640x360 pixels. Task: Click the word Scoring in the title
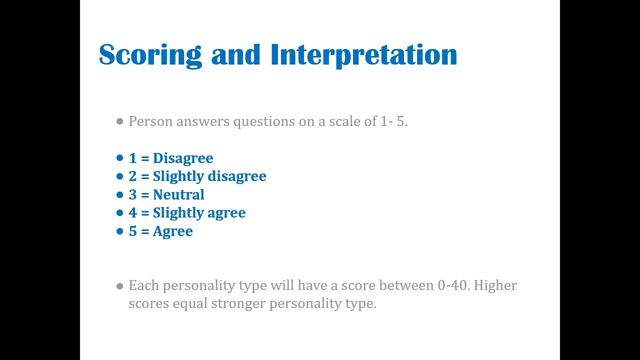(x=150, y=55)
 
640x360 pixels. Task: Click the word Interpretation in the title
(x=363, y=55)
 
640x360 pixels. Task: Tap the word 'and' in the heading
(x=235, y=55)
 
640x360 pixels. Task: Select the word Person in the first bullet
(x=150, y=121)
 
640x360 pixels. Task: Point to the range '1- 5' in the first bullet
(x=393, y=121)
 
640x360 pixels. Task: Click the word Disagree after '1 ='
(x=183, y=158)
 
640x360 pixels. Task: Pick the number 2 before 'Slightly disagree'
(x=132, y=176)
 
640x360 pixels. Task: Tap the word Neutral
(x=178, y=195)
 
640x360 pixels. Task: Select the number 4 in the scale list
(x=132, y=213)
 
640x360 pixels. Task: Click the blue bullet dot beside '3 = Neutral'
(x=119, y=195)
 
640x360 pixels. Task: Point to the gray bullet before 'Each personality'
(x=119, y=286)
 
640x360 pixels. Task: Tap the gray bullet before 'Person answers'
(x=119, y=121)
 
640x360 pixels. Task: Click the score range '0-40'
(x=453, y=285)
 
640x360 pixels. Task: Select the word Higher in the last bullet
(x=495, y=285)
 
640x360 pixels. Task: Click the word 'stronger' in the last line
(x=238, y=303)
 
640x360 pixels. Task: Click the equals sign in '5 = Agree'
(x=145, y=231)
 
